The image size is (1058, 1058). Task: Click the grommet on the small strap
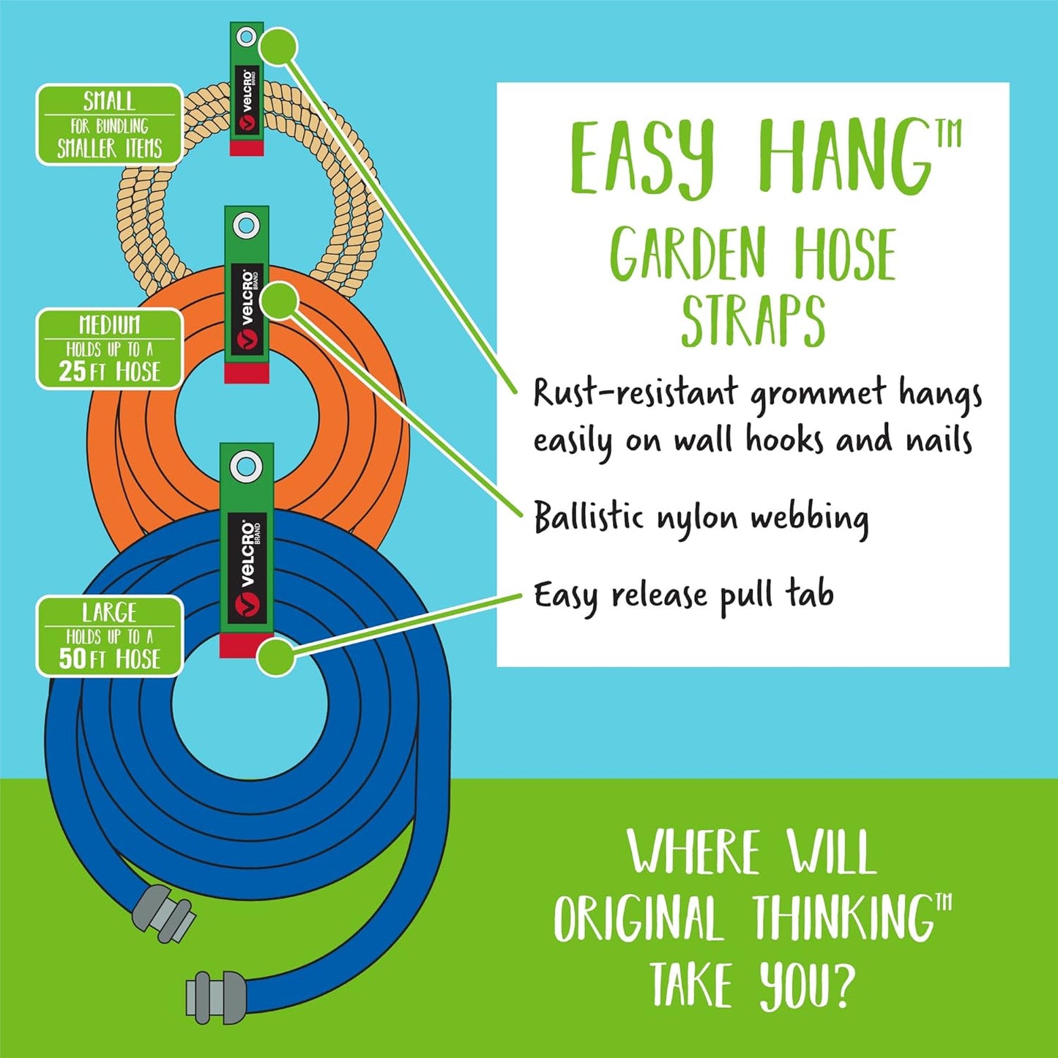click(x=247, y=36)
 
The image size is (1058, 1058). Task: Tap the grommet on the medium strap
click(x=247, y=223)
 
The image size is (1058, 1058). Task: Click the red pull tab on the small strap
click(x=247, y=148)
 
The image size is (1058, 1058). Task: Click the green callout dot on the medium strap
click(x=278, y=301)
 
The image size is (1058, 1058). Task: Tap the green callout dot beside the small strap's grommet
click(x=278, y=47)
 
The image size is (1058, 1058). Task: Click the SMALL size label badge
click(x=109, y=124)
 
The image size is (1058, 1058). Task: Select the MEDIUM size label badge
click(x=109, y=349)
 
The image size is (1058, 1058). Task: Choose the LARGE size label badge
click(x=109, y=636)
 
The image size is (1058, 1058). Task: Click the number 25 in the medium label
click(x=72, y=371)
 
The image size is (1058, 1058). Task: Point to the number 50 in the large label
click(x=72, y=658)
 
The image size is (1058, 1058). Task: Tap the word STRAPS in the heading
click(x=753, y=321)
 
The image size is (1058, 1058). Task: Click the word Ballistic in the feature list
click(x=589, y=518)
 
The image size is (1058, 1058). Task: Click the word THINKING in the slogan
click(x=843, y=918)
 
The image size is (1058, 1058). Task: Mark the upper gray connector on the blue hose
click(x=163, y=913)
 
